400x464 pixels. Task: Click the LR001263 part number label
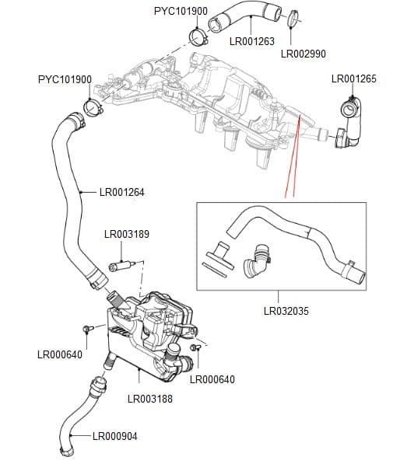(251, 41)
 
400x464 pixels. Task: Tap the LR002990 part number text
(302, 54)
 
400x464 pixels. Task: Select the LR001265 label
(353, 78)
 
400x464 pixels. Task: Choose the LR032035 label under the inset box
(286, 311)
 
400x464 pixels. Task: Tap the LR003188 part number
(149, 399)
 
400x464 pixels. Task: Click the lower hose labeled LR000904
(79, 413)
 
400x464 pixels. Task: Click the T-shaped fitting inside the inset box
(220, 253)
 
